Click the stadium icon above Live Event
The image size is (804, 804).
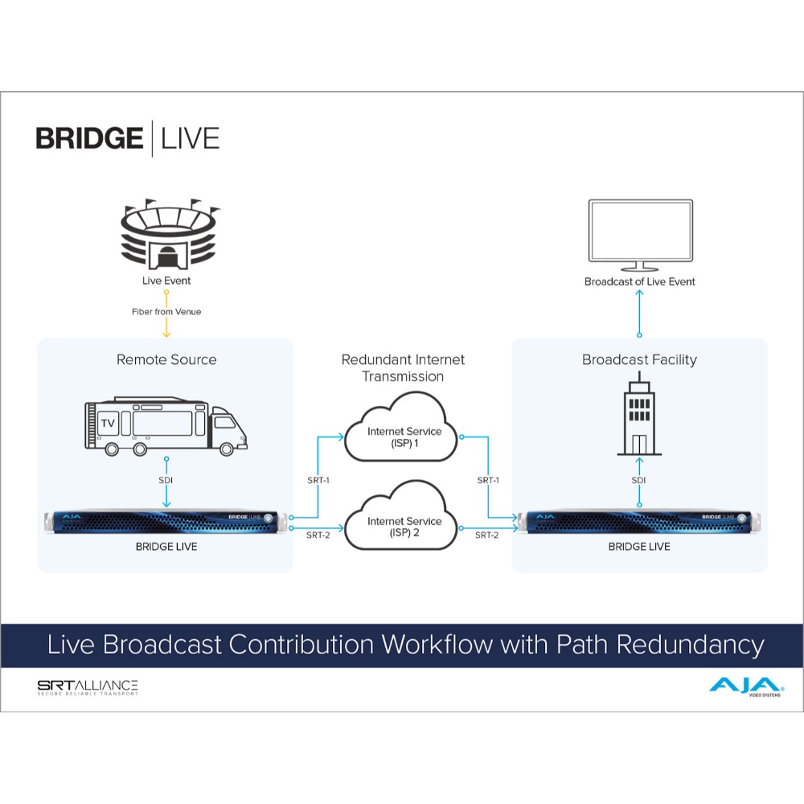coord(169,234)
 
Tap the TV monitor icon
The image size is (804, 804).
coord(641,235)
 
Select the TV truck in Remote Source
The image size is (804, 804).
coord(166,426)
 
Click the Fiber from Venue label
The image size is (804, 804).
coord(166,312)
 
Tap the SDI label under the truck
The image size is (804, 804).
coord(166,481)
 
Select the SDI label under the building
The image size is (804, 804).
coord(638,481)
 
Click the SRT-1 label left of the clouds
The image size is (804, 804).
coord(318,481)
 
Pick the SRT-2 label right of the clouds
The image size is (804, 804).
coord(486,535)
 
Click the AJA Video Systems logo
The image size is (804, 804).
coord(746,687)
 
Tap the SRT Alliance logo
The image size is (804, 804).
coord(88,687)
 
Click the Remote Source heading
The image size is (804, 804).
coord(166,359)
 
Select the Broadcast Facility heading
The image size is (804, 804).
coord(639,360)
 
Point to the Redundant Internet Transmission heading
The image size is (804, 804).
coord(403,367)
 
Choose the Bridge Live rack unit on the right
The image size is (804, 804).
coord(639,522)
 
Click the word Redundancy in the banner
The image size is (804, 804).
coord(691,645)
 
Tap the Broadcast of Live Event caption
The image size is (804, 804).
coord(639,281)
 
